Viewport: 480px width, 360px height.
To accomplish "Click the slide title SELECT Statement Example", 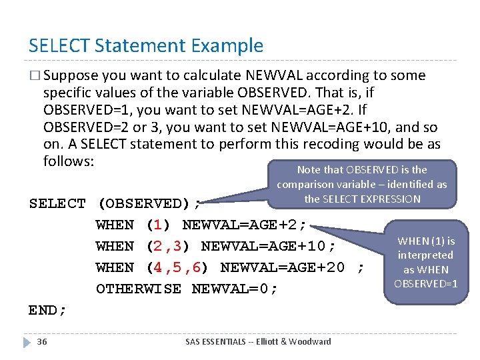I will click(146, 46).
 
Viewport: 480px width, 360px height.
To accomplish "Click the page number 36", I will click(42, 342).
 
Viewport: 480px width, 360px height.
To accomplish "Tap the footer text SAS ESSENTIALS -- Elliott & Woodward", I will click(258, 342).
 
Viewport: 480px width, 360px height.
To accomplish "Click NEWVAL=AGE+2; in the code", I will click(243, 225).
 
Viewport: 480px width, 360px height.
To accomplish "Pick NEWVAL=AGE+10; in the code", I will click(267, 246).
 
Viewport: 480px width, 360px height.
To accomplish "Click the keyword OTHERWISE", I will click(138, 289).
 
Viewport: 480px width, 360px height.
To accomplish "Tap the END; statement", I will click(48, 310).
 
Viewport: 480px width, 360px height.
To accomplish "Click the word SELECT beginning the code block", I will click(57, 203).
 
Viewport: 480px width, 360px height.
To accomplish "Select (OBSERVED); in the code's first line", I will click(149, 203).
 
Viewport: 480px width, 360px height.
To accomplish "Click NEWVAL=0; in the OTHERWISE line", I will click(234, 289).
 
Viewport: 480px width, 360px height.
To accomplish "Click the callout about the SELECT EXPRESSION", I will click(362, 183).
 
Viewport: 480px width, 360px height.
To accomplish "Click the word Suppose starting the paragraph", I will click(71, 76).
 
